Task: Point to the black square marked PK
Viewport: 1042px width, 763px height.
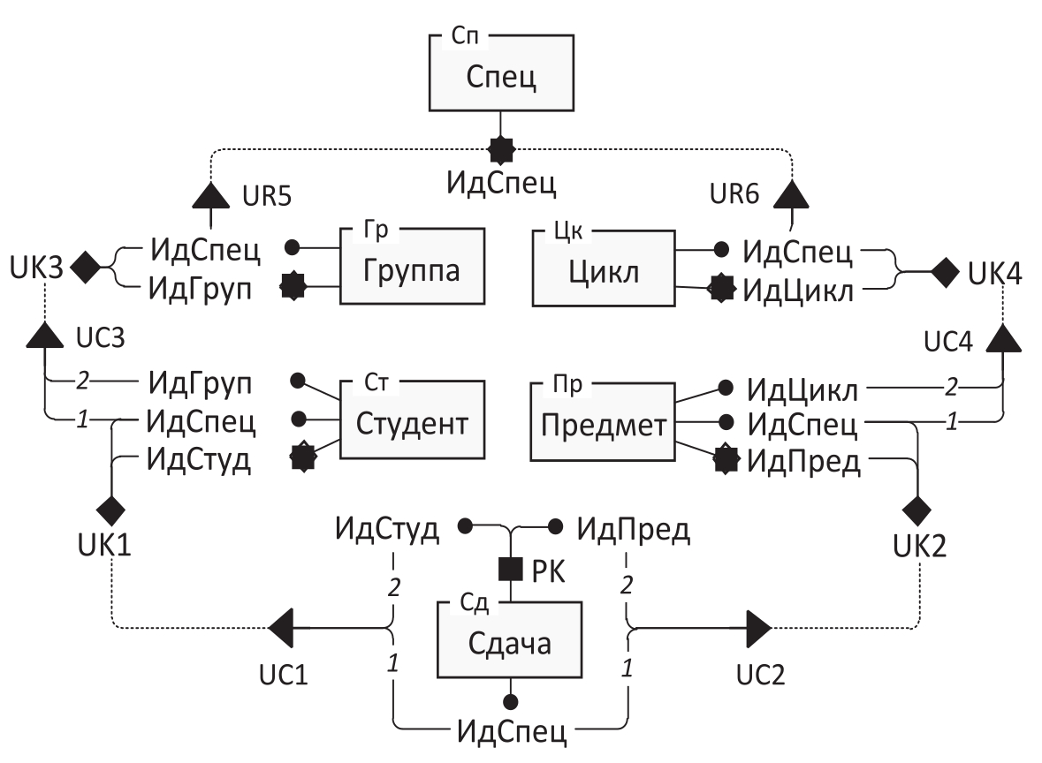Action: coord(510,570)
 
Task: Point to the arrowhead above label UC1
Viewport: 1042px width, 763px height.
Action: coord(281,628)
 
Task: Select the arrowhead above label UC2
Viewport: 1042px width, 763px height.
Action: coord(757,628)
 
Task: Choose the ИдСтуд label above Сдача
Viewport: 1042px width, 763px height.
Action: coord(386,530)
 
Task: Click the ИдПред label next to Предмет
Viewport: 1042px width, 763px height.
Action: coord(802,462)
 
